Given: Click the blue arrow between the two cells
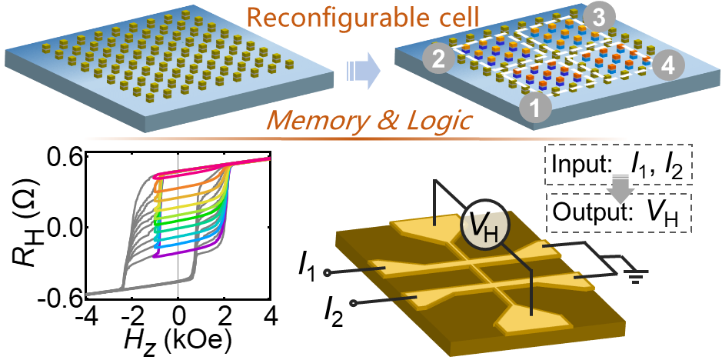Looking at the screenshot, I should click(360, 72).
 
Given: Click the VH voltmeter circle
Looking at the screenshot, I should click(481, 224).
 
